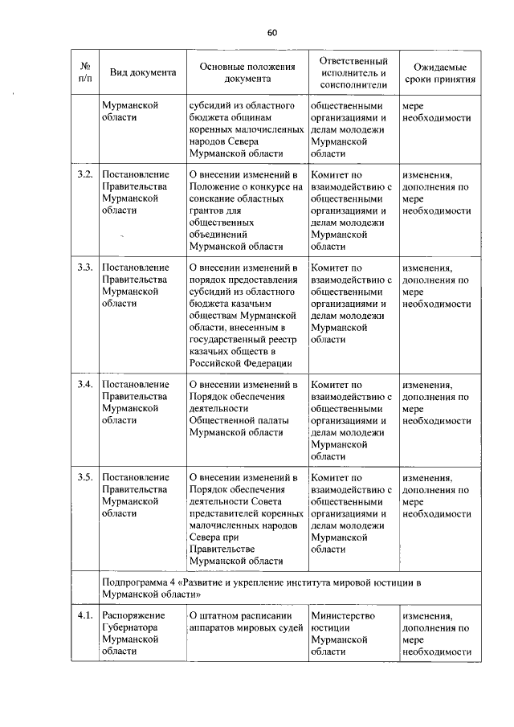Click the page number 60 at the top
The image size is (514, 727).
pyautogui.click(x=271, y=32)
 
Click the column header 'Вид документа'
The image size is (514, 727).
pyautogui.click(x=142, y=72)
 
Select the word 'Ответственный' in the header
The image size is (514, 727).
pyautogui.click(x=353, y=61)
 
